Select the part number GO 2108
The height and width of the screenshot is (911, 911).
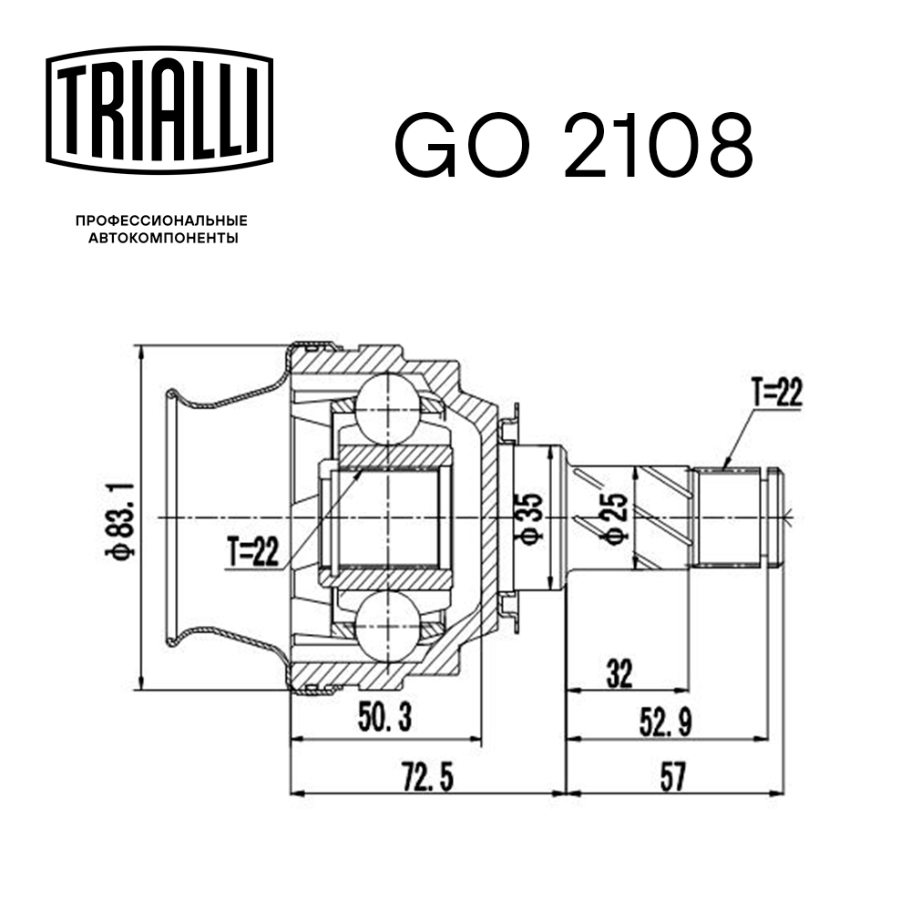[x=573, y=145]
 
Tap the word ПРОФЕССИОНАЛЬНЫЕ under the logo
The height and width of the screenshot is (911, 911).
[x=161, y=220]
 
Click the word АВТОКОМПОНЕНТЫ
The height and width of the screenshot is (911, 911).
[x=161, y=239]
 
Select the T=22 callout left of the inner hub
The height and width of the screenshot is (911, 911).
[x=252, y=551]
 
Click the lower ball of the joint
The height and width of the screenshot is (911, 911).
[x=388, y=630]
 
